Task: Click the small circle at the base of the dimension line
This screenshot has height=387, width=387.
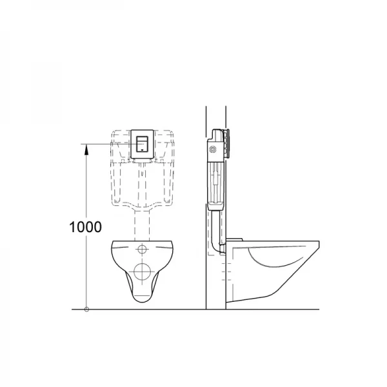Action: [x=86, y=310]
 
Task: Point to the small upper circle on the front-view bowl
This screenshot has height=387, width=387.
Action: [x=143, y=250]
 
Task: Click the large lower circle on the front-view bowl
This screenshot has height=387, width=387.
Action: [x=143, y=272]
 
